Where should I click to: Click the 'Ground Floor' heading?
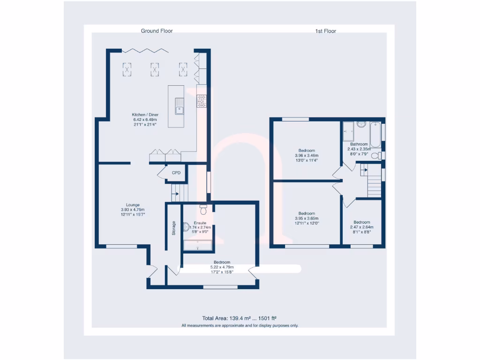[x=157, y=31]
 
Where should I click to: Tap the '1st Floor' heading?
[x=325, y=31]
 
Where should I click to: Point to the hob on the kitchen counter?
[x=202, y=101]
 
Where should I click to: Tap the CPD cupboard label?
[x=176, y=173]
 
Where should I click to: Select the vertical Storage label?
[x=173, y=228]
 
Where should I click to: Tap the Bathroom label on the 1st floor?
[x=359, y=144]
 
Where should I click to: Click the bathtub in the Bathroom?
[x=375, y=133]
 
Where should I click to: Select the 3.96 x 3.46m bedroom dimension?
[x=307, y=156]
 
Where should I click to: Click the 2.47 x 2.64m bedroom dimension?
[x=362, y=227]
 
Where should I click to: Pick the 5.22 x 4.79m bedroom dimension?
[x=222, y=267]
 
